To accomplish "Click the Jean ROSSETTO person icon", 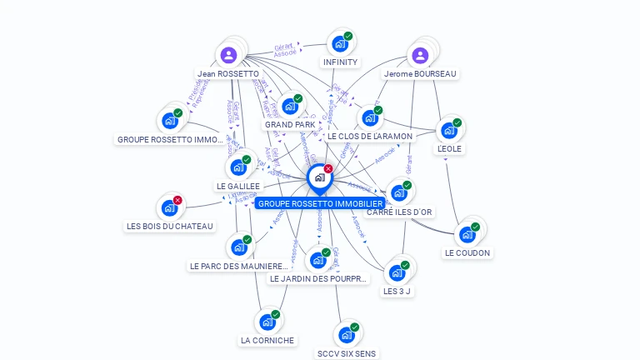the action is pos(228,56).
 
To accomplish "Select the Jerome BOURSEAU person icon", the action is pos(420,56).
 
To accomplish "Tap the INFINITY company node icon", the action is pos(339,44).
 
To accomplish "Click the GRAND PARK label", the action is pos(289,125).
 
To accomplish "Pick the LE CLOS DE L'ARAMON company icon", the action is pos(369,118).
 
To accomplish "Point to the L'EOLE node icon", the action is pos(449,130).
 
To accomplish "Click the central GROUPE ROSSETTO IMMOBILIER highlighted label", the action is pos(320,203).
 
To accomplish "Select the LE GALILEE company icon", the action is pos(238,167).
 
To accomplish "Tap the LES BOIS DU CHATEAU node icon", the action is pos(169,207).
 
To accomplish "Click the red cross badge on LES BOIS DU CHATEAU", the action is pos(177,200).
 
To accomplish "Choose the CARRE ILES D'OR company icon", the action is pos(399,193).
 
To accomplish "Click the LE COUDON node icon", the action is pos(467,234).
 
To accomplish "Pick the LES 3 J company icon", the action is pos(397,272).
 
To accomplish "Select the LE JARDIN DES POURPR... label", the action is pos(318,278).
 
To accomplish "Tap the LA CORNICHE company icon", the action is pos(267,322).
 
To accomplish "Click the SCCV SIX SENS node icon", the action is pos(346,335).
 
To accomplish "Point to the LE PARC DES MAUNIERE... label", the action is pos(238,266).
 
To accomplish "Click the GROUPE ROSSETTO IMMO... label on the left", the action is pos(169,139).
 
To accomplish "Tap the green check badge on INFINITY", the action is pos(348,36).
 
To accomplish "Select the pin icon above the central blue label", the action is pos(319,177).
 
